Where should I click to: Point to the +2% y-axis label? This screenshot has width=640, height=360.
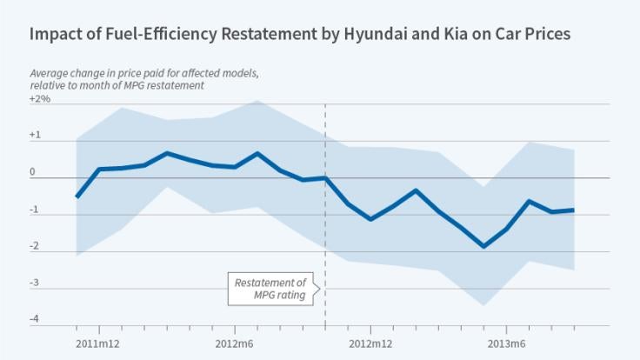39,100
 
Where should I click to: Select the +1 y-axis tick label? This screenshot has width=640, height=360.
35,136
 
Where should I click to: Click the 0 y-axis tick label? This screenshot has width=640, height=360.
33,172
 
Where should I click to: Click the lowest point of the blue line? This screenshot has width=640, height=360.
484,246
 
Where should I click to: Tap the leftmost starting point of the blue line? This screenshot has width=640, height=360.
77,197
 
